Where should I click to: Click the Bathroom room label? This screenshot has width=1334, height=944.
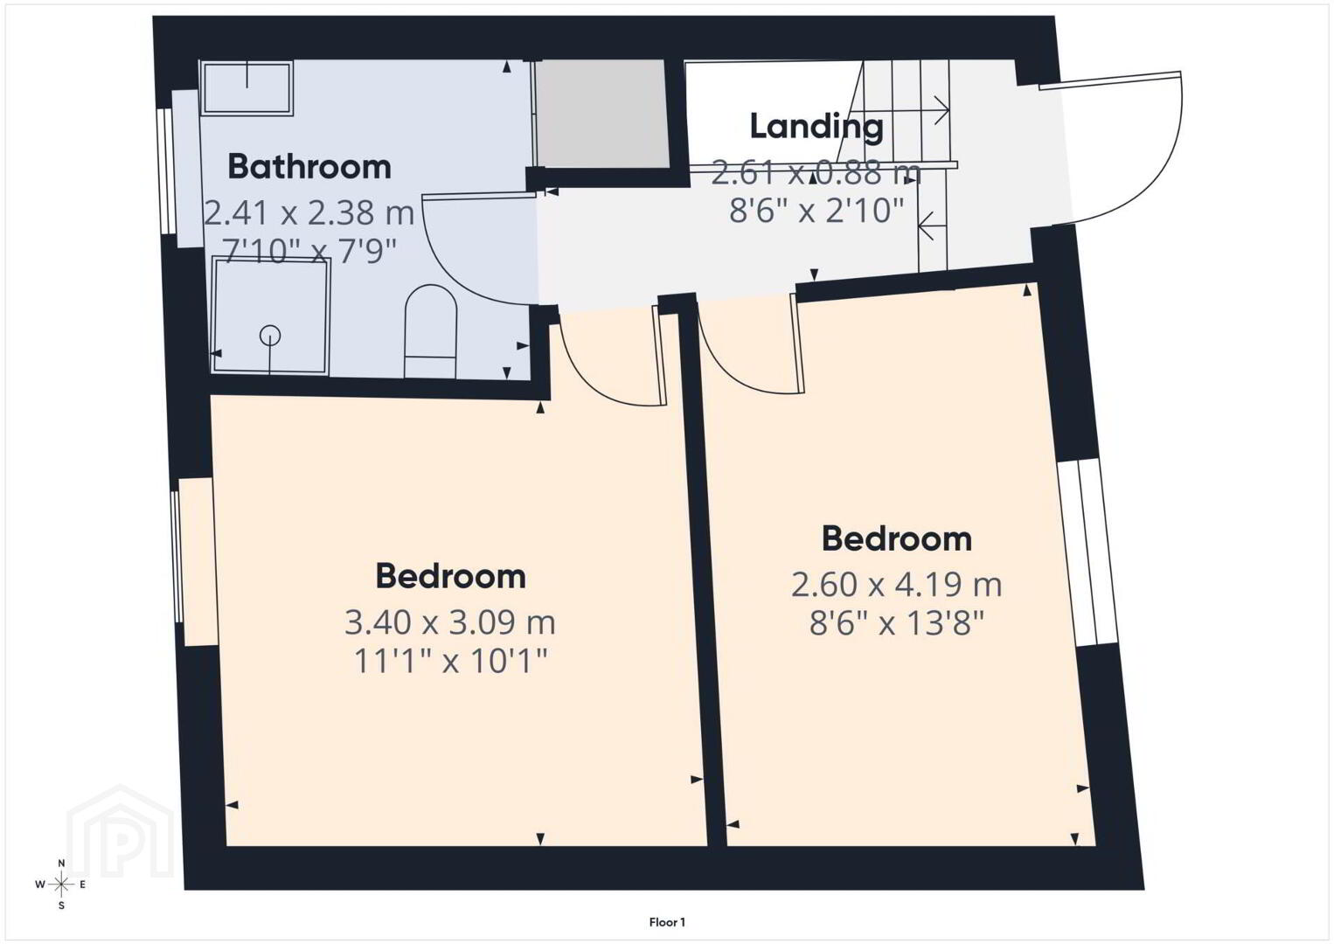(x=309, y=167)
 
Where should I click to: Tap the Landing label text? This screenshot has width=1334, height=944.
(x=816, y=127)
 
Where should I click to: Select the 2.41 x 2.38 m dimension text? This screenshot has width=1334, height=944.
(x=309, y=212)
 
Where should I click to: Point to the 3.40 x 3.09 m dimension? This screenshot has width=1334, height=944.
(x=450, y=622)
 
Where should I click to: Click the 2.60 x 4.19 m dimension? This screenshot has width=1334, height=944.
(x=896, y=584)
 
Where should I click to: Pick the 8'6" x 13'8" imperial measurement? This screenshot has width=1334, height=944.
(x=896, y=624)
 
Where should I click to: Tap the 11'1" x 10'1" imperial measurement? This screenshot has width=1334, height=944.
(x=450, y=661)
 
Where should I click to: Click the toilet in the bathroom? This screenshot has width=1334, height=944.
(x=431, y=331)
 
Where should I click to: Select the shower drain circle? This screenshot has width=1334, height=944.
(x=270, y=336)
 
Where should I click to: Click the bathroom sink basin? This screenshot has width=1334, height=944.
(x=247, y=87)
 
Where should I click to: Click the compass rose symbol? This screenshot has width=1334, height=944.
(x=60, y=885)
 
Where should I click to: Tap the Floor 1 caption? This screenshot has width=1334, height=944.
(x=667, y=922)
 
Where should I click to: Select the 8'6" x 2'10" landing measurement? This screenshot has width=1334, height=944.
(x=816, y=210)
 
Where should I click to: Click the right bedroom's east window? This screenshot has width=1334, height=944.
(x=1089, y=552)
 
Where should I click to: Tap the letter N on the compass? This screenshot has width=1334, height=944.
(x=61, y=863)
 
